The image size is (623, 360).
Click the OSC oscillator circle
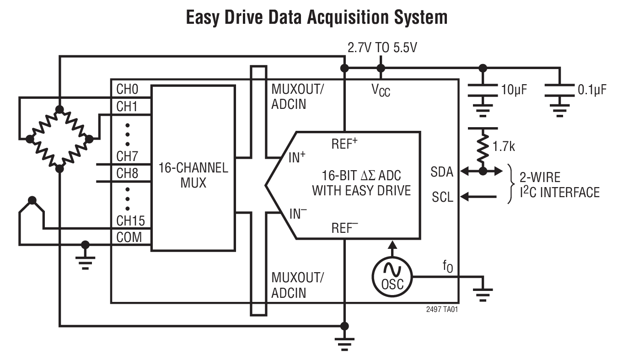392,277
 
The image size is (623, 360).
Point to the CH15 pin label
130,221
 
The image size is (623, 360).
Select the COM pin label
129,237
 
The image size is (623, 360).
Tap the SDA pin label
441,172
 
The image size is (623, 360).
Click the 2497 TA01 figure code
441,309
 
